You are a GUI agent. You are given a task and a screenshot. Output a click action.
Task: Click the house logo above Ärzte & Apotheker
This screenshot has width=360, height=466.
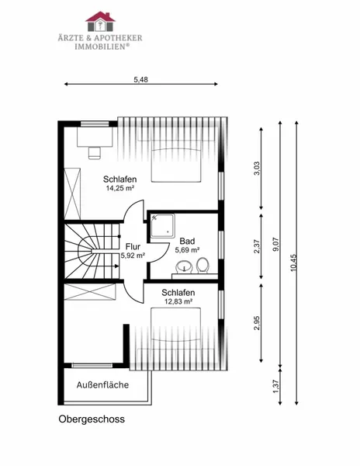pyautogui.click(x=100, y=22)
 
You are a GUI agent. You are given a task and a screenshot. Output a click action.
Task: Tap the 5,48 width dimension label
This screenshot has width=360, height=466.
pyautogui.click(x=140, y=80)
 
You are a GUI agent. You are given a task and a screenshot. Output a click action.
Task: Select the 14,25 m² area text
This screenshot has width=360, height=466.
pyautogui.click(x=120, y=188)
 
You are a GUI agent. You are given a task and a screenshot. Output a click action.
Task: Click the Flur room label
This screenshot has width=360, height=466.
pyautogui.click(x=133, y=247)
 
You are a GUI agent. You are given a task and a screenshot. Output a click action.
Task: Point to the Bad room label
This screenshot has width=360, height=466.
pyautogui.click(x=187, y=241)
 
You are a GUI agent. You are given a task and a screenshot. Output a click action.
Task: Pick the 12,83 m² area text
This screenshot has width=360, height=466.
pyautogui.click(x=178, y=301)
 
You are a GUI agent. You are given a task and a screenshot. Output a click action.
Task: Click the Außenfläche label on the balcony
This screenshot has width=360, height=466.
pyautogui.click(x=102, y=385)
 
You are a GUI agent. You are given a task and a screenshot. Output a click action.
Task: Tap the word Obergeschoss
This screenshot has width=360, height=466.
pyautogui.click(x=92, y=419)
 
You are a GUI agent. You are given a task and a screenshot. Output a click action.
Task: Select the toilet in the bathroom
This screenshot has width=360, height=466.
pyautogui.click(x=202, y=265)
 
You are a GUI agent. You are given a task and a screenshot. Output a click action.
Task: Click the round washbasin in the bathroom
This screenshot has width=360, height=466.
pyautogui.click(x=184, y=266)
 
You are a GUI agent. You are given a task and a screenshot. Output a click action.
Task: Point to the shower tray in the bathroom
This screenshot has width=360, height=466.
pyautogui.click(x=162, y=225)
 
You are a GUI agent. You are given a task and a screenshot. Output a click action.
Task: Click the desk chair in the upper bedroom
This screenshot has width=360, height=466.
pyautogui.click(x=95, y=152)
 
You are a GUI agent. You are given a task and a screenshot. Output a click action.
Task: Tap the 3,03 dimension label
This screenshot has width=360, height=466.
pyautogui.click(x=257, y=169)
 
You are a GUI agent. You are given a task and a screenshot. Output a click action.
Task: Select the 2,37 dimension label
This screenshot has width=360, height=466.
pyautogui.click(x=257, y=247)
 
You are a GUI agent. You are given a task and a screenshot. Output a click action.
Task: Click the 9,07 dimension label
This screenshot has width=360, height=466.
pyautogui.click(x=276, y=245)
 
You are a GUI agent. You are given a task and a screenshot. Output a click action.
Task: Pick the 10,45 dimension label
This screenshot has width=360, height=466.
pyautogui.click(x=293, y=263)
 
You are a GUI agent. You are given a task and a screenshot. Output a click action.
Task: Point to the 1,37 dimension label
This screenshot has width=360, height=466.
pyautogui.click(x=276, y=387)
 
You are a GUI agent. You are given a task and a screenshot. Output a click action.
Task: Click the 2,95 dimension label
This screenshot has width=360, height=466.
pyautogui.click(x=257, y=323)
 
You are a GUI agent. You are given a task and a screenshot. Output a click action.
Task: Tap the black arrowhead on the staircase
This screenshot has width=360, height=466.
pyautogui.click(x=117, y=266)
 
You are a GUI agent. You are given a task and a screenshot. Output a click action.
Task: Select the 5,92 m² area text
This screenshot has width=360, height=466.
pyautogui.click(x=133, y=256)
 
